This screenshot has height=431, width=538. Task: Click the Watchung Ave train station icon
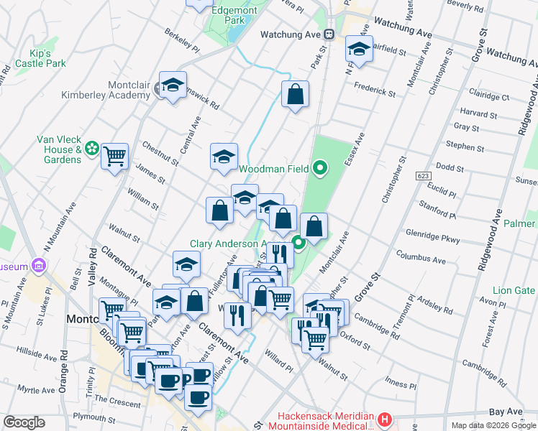[328, 34]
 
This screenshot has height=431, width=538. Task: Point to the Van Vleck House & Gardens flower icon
[91, 149]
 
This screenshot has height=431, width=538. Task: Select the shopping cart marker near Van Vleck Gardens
[114, 155]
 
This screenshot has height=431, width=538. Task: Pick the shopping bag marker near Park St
[295, 94]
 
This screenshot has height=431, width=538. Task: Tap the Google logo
[24, 422]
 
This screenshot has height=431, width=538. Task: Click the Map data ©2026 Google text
[493, 425]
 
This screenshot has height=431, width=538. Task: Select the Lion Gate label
[514, 290]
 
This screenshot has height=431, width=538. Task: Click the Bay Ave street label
[504, 412]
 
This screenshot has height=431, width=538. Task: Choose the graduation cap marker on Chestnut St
[224, 156]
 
